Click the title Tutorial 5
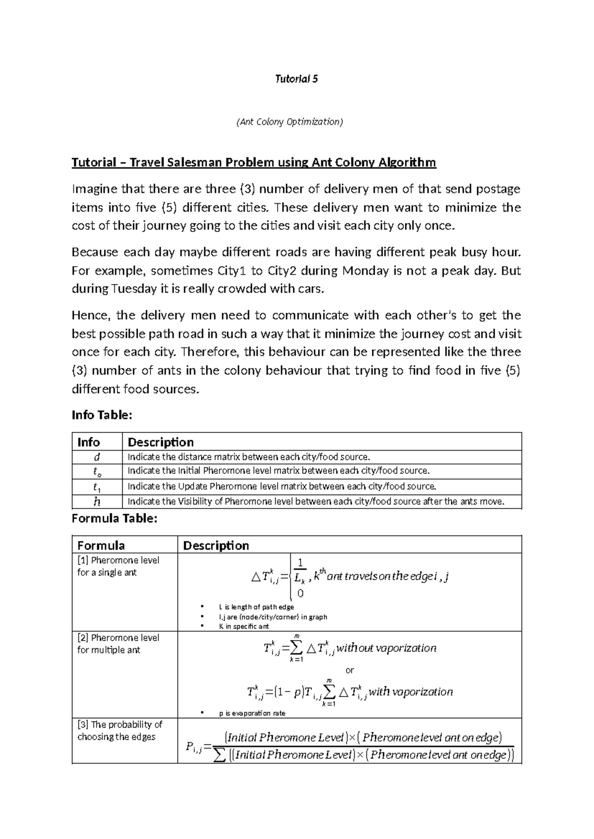tap(297, 79)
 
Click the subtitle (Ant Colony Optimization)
tap(290, 122)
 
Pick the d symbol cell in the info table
tap(97, 457)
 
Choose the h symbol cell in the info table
tap(97, 502)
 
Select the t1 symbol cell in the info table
tap(97, 487)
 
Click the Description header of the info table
tap(160, 442)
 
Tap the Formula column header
tap(101, 545)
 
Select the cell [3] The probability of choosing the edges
tap(119, 731)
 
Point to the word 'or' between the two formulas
tap(349, 670)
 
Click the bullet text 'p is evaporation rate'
tap(251, 713)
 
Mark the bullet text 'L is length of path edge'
tap(256, 607)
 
